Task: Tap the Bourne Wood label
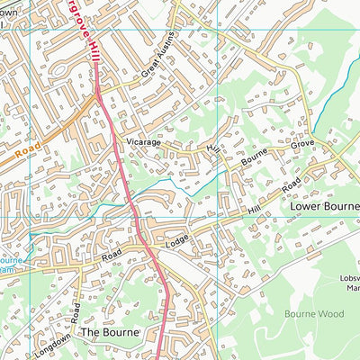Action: pos(314,314)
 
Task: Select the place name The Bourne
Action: pos(111,332)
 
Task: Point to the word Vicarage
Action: pos(143,142)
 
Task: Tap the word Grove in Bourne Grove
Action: pos(301,144)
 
